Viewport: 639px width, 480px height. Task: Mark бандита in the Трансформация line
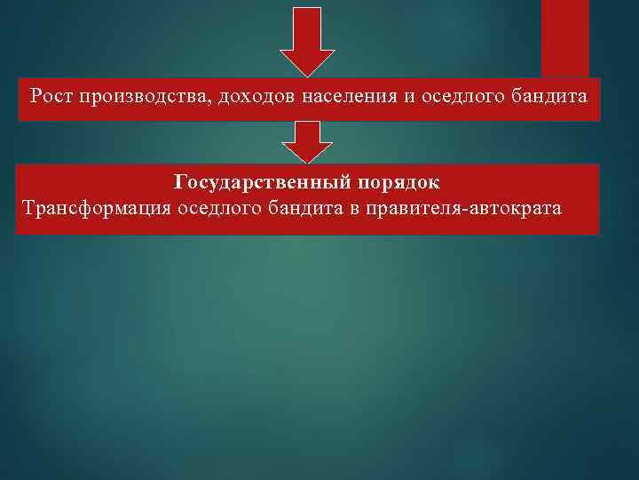[306, 209]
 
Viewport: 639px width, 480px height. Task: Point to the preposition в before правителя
[355, 209]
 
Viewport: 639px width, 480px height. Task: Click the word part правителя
[409, 209]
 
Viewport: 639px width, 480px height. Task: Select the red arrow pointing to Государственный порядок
[307, 141]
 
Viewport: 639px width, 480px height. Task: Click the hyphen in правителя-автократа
[459, 210]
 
